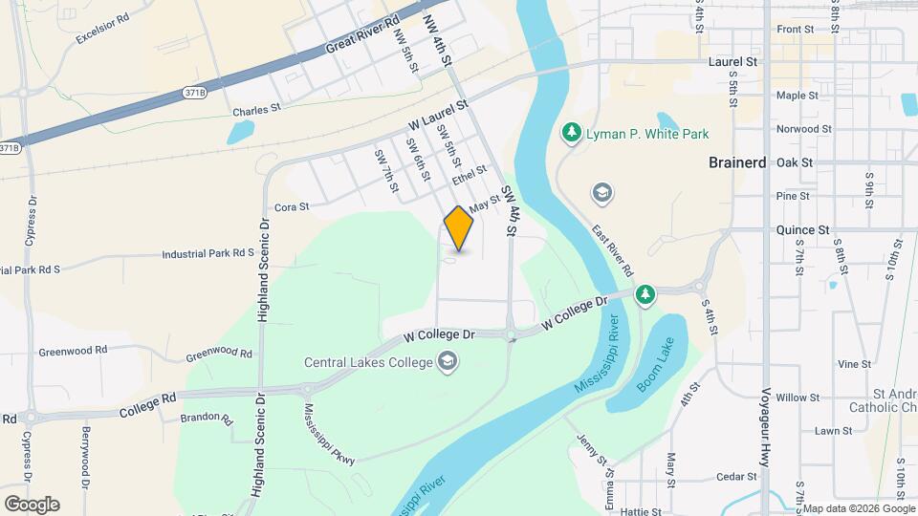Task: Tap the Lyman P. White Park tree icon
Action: coord(571,131)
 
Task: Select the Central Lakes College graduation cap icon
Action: coord(448,361)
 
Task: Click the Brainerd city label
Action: coord(737,162)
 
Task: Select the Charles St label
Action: coord(256,111)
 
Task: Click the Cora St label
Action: coord(292,206)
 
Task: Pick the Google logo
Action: coord(32,504)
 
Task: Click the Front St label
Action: coord(795,30)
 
